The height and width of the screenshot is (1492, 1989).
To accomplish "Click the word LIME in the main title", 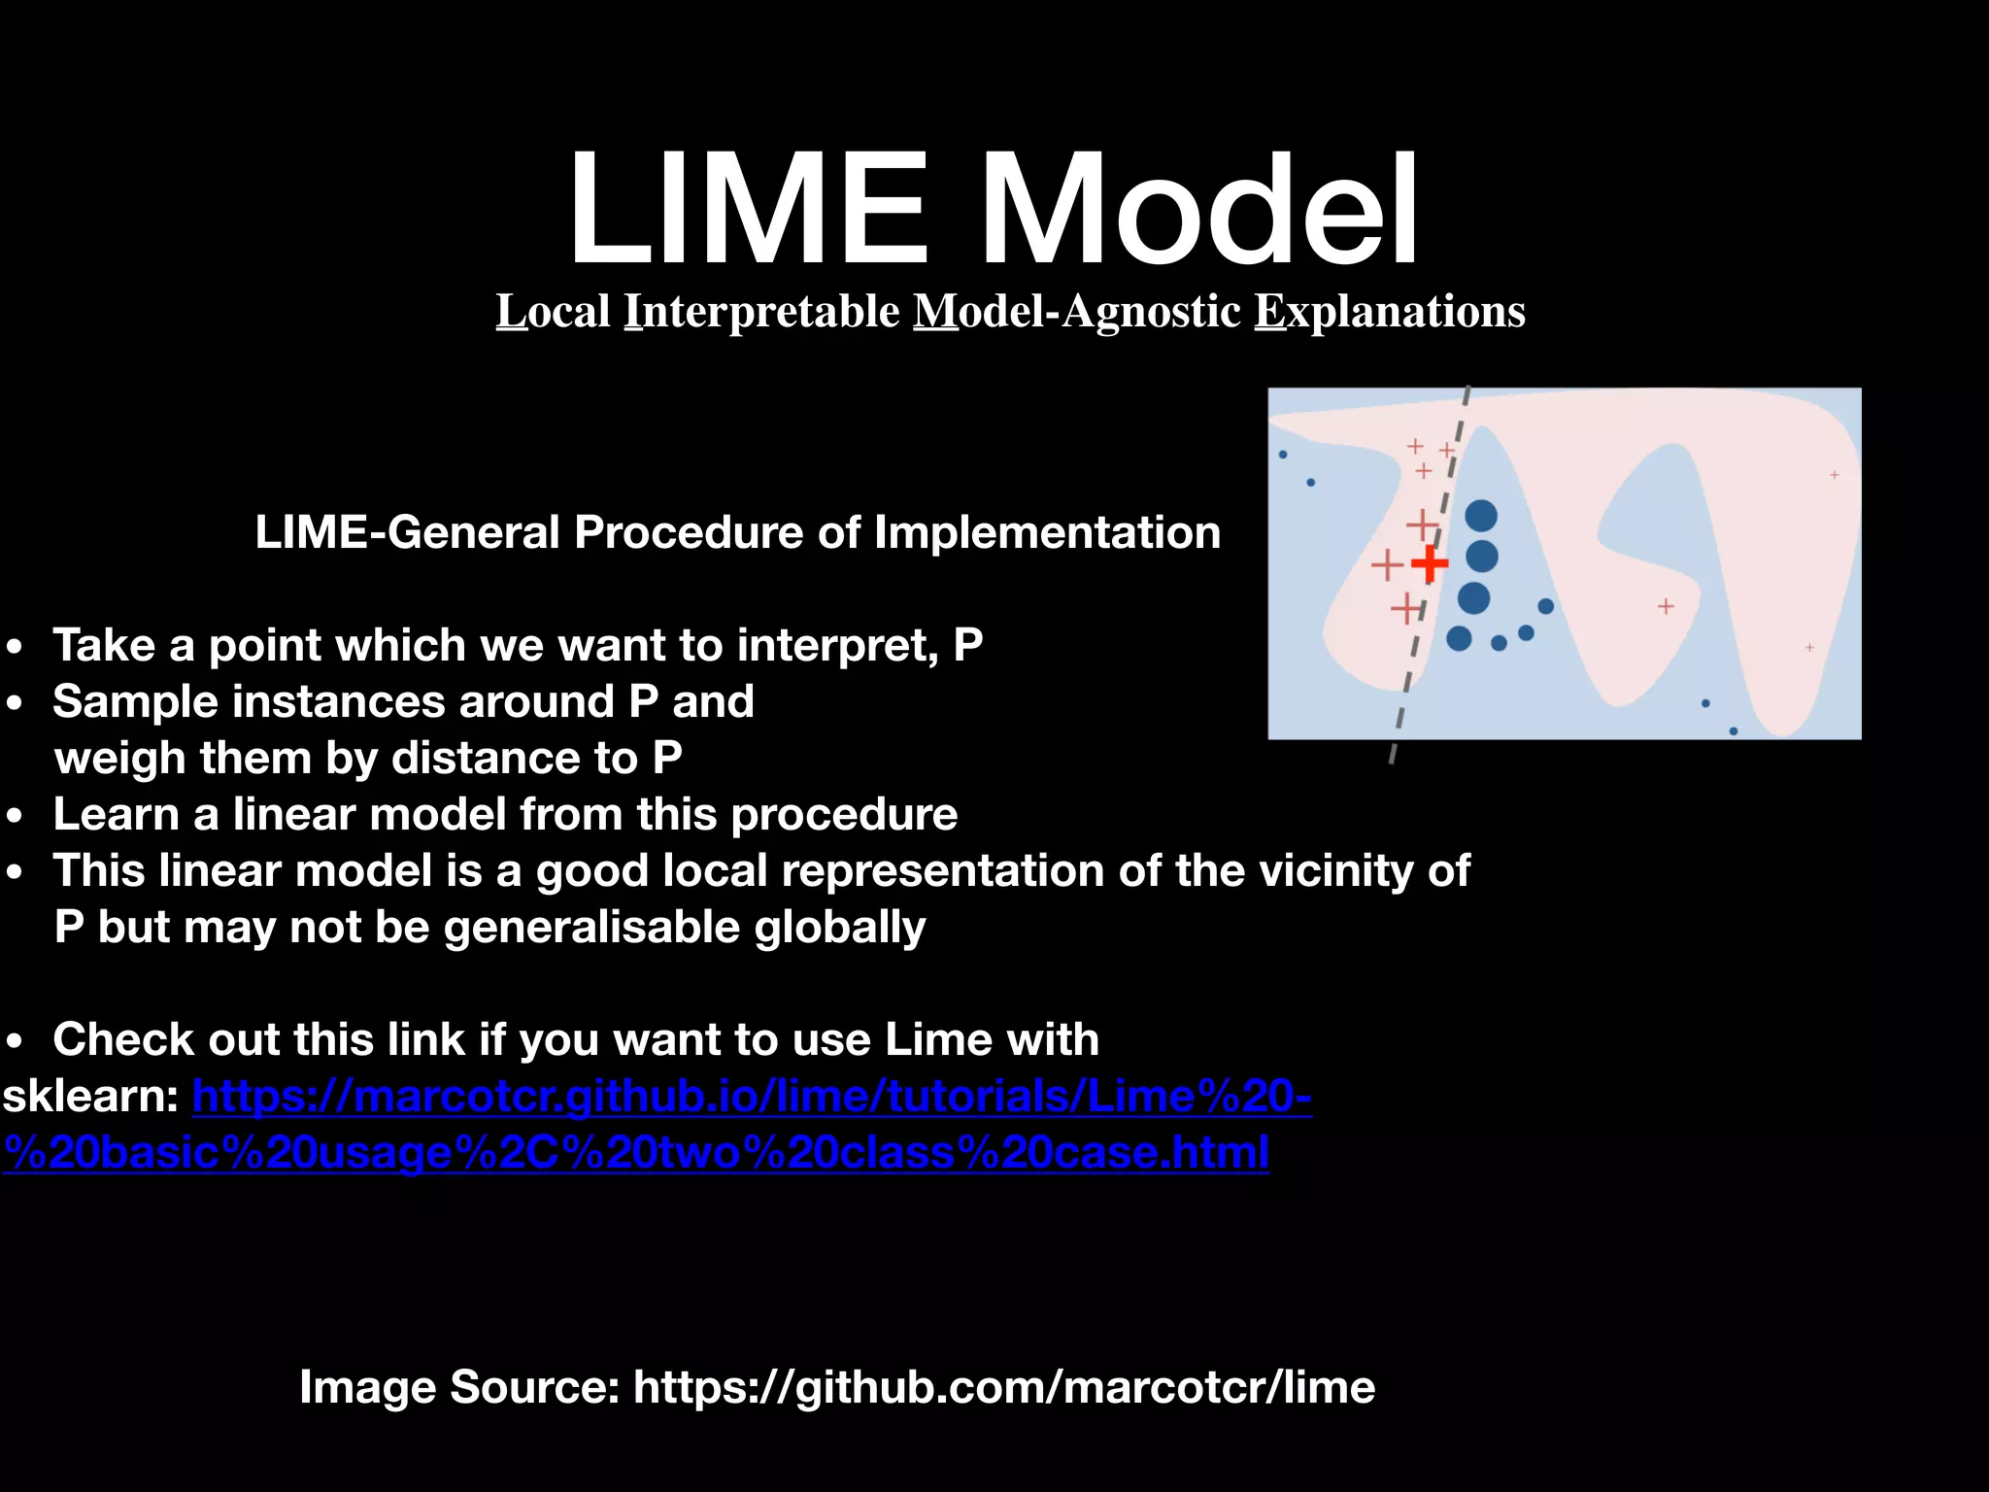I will pyautogui.click(x=748, y=209).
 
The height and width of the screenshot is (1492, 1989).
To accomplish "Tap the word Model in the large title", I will pyautogui.click(x=1200, y=209).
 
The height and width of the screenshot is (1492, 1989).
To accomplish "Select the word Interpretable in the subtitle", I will pyautogui.click(x=762, y=312).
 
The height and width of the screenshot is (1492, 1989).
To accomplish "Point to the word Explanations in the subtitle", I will pyautogui.click(x=1390, y=312).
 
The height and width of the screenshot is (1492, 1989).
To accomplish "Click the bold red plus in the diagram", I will pyautogui.click(x=1429, y=563).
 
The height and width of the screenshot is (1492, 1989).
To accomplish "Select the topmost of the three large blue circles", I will pyautogui.click(x=1481, y=516).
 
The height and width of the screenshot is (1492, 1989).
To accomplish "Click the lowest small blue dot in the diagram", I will pyautogui.click(x=1734, y=731).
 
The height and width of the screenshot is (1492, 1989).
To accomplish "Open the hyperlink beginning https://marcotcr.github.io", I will pyautogui.click(x=752, y=1098).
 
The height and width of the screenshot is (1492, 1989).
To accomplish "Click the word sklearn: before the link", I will pyautogui.click(x=90, y=1098).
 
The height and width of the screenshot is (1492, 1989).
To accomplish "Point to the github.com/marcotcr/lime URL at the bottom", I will pyautogui.click(x=1004, y=1387).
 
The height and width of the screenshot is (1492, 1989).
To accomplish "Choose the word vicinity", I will pyautogui.click(x=1335, y=871).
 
